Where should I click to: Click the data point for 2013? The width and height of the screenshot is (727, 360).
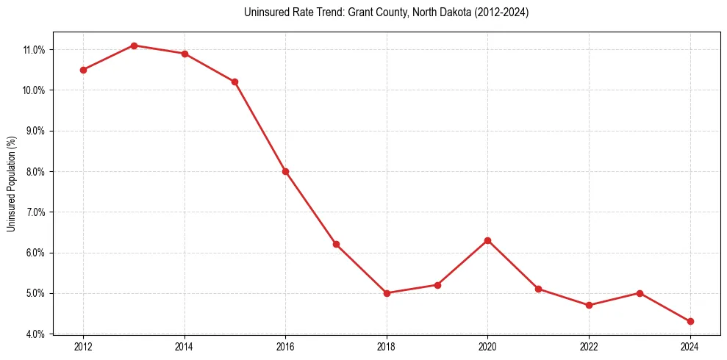(x=134, y=46)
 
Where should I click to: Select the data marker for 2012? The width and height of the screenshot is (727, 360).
(x=83, y=70)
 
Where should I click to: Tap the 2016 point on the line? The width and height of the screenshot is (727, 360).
(x=285, y=171)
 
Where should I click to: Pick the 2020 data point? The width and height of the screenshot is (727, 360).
(x=487, y=240)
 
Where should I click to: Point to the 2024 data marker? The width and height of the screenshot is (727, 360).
(x=690, y=321)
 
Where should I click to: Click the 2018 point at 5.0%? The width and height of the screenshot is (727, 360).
(x=387, y=293)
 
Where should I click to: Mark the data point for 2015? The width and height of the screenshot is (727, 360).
(x=234, y=82)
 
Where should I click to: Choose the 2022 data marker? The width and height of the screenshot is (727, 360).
(x=589, y=305)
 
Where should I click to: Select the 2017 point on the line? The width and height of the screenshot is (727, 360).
(x=336, y=244)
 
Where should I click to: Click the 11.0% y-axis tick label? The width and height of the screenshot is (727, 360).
(x=34, y=50)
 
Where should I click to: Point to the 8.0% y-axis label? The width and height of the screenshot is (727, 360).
(x=35, y=172)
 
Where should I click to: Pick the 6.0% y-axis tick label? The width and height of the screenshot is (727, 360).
(x=35, y=253)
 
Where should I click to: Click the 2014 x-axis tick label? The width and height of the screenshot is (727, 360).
(x=185, y=347)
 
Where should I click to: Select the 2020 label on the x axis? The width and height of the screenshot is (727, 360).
(x=487, y=347)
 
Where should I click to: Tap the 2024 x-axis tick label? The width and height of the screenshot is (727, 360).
(x=690, y=347)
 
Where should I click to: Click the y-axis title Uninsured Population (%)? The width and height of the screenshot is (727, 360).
(x=11, y=184)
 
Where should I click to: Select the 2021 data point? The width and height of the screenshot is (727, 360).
(x=538, y=289)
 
